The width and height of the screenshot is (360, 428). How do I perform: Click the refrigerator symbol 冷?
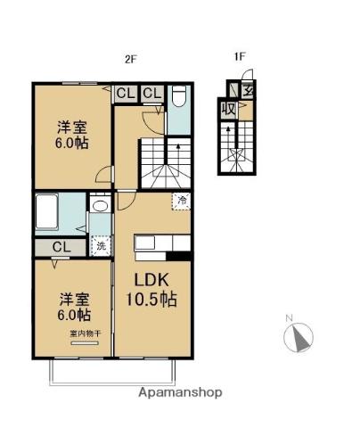pos(181,202)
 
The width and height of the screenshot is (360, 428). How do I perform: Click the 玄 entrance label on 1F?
pos(247,89)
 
